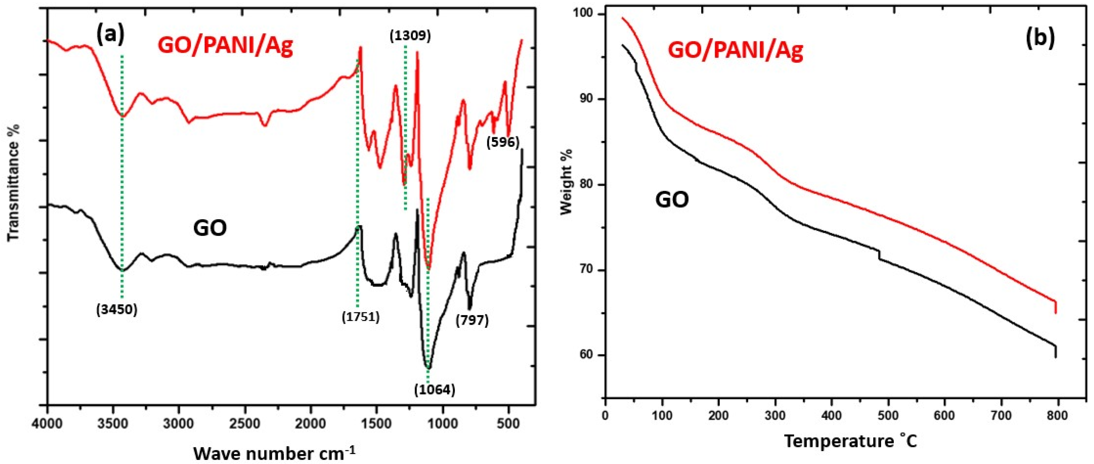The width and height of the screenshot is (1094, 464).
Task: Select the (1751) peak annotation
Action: pyautogui.click(x=360, y=317)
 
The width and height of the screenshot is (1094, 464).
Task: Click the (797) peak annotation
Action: pyautogui.click(x=472, y=320)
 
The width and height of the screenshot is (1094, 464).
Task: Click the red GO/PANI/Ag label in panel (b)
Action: pyautogui.click(x=736, y=51)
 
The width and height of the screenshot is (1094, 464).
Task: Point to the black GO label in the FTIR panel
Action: pyautogui.click(x=210, y=229)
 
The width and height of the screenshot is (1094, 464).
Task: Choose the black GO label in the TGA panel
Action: pyautogui.click(x=672, y=200)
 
